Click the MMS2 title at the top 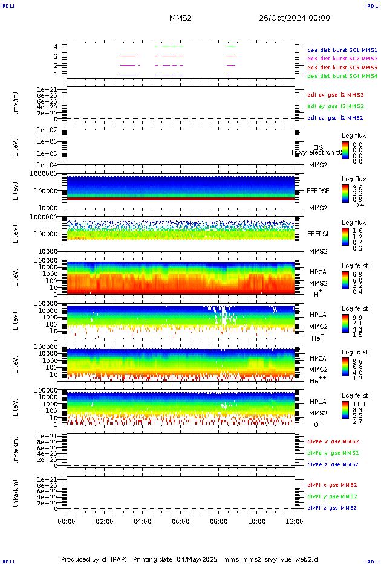point(180,18)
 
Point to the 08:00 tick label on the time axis point(219,521)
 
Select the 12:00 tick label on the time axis point(295,521)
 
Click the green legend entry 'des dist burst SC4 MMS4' point(342,77)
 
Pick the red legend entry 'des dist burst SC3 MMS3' point(342,68)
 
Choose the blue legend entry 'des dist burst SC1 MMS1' point(342,50)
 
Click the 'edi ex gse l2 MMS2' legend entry point(336,95)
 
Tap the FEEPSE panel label point(318,191)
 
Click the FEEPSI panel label point(318,234)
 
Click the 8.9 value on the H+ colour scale point(357,274)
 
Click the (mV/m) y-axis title point(16,103)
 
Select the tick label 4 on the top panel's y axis point(56,46)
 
